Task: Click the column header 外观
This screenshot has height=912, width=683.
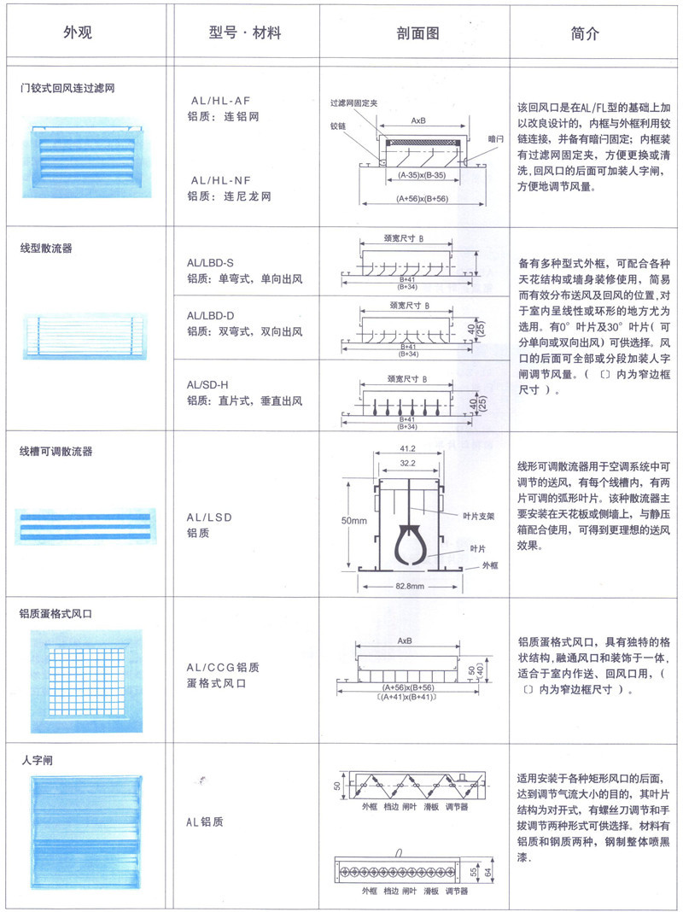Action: click(78, 33)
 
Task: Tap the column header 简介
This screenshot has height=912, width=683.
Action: click(585, 33)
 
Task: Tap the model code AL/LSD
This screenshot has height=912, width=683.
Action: click(209, 517)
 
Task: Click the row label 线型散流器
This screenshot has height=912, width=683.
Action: click(46, 249)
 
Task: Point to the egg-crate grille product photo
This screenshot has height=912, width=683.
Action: click(83, 677)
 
